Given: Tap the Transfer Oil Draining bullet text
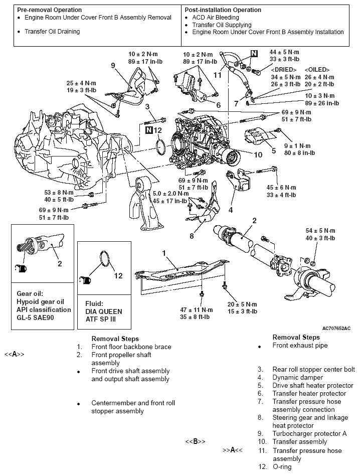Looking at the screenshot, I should click(x=52, y=32).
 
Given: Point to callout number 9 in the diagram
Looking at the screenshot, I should click(x=113, y=65).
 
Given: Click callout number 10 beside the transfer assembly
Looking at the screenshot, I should click(x=258, y=154).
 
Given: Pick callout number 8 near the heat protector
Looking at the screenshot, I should click(x=192, y=236).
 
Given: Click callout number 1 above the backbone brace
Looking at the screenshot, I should click(x=163, y=253).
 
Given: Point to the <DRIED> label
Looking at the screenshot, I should click(x=283, y=69).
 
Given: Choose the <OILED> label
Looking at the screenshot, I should click(x=316, y=69).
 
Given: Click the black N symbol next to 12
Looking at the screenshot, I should click(x=149, y=130).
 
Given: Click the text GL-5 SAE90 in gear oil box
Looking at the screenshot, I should click(x=41, y=318).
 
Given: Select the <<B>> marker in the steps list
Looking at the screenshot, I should click(x=196, y=442).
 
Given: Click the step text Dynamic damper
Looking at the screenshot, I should click(x=297, y=377).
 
